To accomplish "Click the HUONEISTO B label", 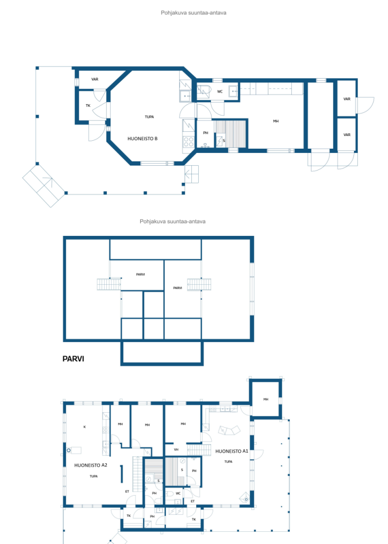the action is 142,139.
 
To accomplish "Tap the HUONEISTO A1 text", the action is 232,452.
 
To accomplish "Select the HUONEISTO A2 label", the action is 90,465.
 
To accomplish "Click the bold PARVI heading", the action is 73,359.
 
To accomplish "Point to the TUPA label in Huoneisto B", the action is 149,117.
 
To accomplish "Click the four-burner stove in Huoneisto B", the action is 189,141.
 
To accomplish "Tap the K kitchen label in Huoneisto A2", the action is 85,427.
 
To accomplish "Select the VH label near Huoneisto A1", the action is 176,449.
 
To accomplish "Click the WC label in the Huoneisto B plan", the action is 220,91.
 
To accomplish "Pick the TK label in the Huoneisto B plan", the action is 88,106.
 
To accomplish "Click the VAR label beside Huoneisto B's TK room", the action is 95,79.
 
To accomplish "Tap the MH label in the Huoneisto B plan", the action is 275,121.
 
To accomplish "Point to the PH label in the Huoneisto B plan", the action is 206,133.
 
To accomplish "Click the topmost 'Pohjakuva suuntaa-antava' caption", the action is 193,13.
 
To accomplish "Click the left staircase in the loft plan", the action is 108,285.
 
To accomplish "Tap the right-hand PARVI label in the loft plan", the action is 178,288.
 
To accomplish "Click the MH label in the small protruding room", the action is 266,399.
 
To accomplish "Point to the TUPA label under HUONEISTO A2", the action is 94,477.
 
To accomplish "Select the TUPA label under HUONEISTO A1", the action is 229,462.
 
